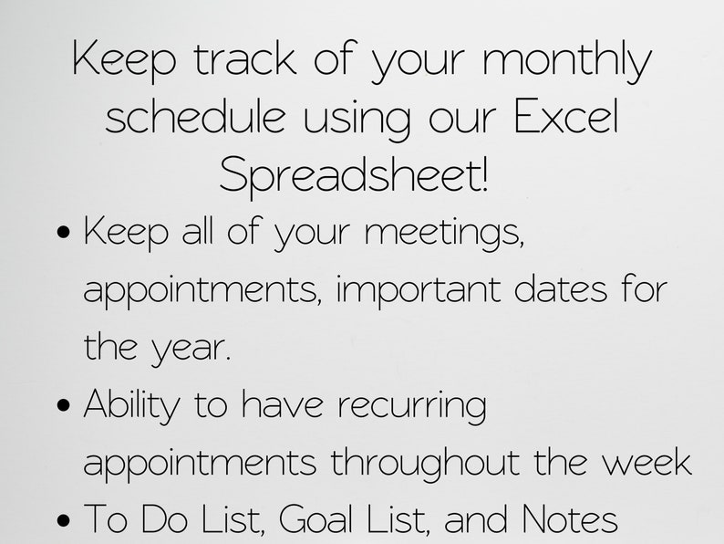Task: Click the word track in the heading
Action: [244, 58]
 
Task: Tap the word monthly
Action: [567, 62]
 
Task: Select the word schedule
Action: [195, 116]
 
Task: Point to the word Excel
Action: [565, 116]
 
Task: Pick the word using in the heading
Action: [357, 120]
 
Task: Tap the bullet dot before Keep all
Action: [65, 231]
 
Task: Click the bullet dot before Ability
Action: [65, 405]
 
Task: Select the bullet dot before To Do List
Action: [65, 520]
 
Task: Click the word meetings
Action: [445, 235]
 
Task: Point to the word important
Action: [419, 292]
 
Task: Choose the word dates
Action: [561, 288]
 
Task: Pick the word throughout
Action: [425, 464]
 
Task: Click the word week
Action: [647, 462]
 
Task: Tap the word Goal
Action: [315, 519]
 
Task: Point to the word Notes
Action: [569, 519]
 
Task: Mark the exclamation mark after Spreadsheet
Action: [484, 173]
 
